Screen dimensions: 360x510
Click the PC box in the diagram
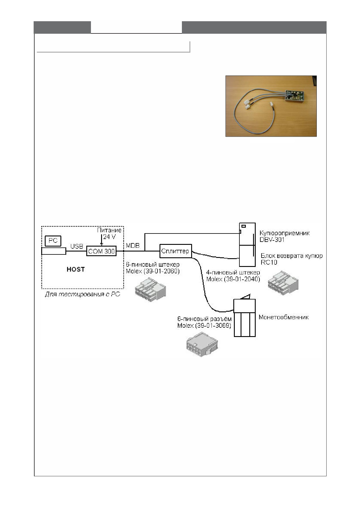pyautogui.click(x=53, y=241)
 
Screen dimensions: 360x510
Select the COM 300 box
pyautogui.click(x=101, y=251)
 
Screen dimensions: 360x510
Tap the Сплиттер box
pyautogui.click(x=175, y=251)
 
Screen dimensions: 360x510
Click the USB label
pyautogui.click(x=77, y=246)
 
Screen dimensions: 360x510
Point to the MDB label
pyautogui.click(x=132, y=245)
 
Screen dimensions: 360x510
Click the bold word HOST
pyautogui.click(x=76, y=269)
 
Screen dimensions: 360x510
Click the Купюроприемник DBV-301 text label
pyautogui.click(x=284, y=236)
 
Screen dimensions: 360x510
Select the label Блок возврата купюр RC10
pyautogui.click(x=291, y=259)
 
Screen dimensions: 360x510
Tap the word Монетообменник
pyautogui.click(x=284, y=317)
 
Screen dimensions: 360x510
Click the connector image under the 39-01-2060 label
pyautogui.click(x=150, y=289)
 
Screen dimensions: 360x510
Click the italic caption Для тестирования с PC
pyautogui.click(x=83, y=294)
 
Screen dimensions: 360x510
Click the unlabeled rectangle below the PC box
pyautogui.click(x=54, y=251)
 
